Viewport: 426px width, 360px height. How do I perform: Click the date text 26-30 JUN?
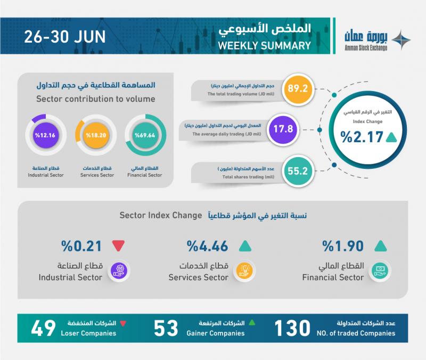click(x=63, y=38)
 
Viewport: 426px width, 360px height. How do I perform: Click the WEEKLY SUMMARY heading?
click(x=265, y=46)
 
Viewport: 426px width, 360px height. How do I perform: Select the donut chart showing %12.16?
click(x=45, y=135)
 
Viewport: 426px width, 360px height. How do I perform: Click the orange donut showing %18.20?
click(x=95, y=135)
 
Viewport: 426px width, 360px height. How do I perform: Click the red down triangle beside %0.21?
click(x=118, y=246)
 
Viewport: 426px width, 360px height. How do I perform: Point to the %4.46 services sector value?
click(x=208, y=246)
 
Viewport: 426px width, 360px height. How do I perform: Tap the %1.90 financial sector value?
click(x=342, y=246)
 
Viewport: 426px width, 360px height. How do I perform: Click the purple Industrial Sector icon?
click(x=119, y=271)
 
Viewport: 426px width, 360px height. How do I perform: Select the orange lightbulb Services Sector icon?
click(x=244, y=271)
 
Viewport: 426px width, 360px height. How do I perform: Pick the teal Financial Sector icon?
click(x=380, y=271)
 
